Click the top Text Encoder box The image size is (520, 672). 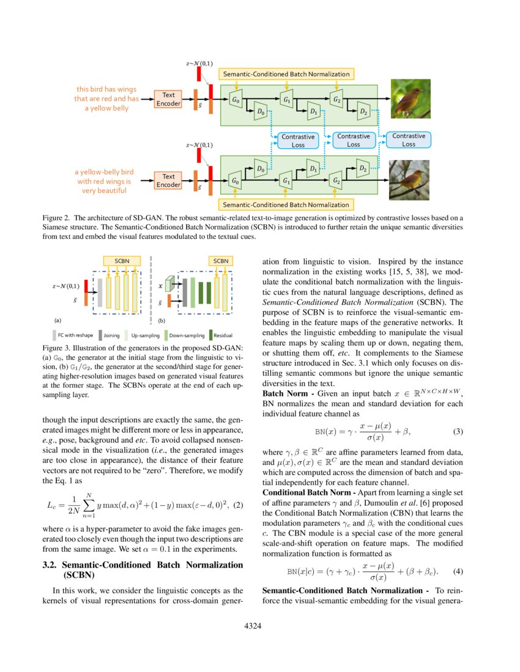pyautogui.click(x=168, y=99)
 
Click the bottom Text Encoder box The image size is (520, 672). pyautogui.click(x=168, y=180)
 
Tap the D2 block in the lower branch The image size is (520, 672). pyautogui.click(x=362, y=168)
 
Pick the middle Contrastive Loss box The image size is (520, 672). pyautogui.click(x=353, y=141)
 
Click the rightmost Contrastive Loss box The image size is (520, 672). pyautogui.click(x=408, y=140)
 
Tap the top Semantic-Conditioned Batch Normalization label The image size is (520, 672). pyautogui.click(x=286, y=74)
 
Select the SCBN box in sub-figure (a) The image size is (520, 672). pyautogui.click(x=122, y=261)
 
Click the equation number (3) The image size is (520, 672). pyautogui.click(x=458, y=432)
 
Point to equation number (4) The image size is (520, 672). pyautogui.click(x=458, y=572)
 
